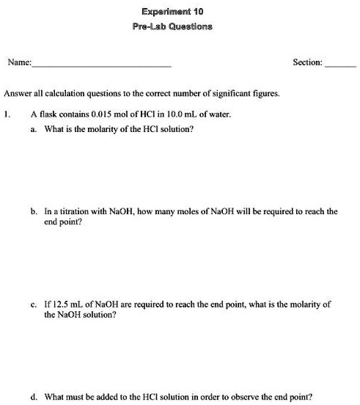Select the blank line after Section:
pyautogui.click(x=339, y=65)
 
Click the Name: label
pyautogui.click(x=19, y=63)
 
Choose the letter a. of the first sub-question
pyautogui.click(x=34, y=128)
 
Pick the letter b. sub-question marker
pyautogui.click(x=34, y=211)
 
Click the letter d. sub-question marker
pyautogui.click(x=34, y=397)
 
